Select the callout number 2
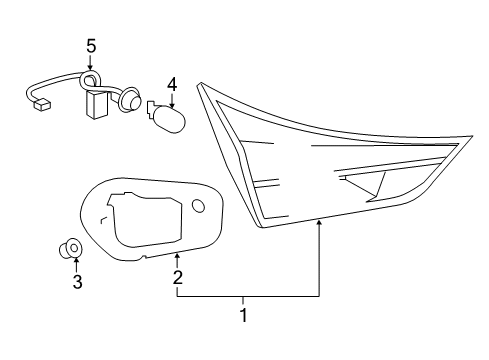pyautogui.click(x=177, y=277)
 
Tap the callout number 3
pyautogui.click(x=76, y=282)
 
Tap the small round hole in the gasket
pyautogui.click(x=199, y=205)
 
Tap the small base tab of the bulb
pyautogui.click(x=150, y=107)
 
